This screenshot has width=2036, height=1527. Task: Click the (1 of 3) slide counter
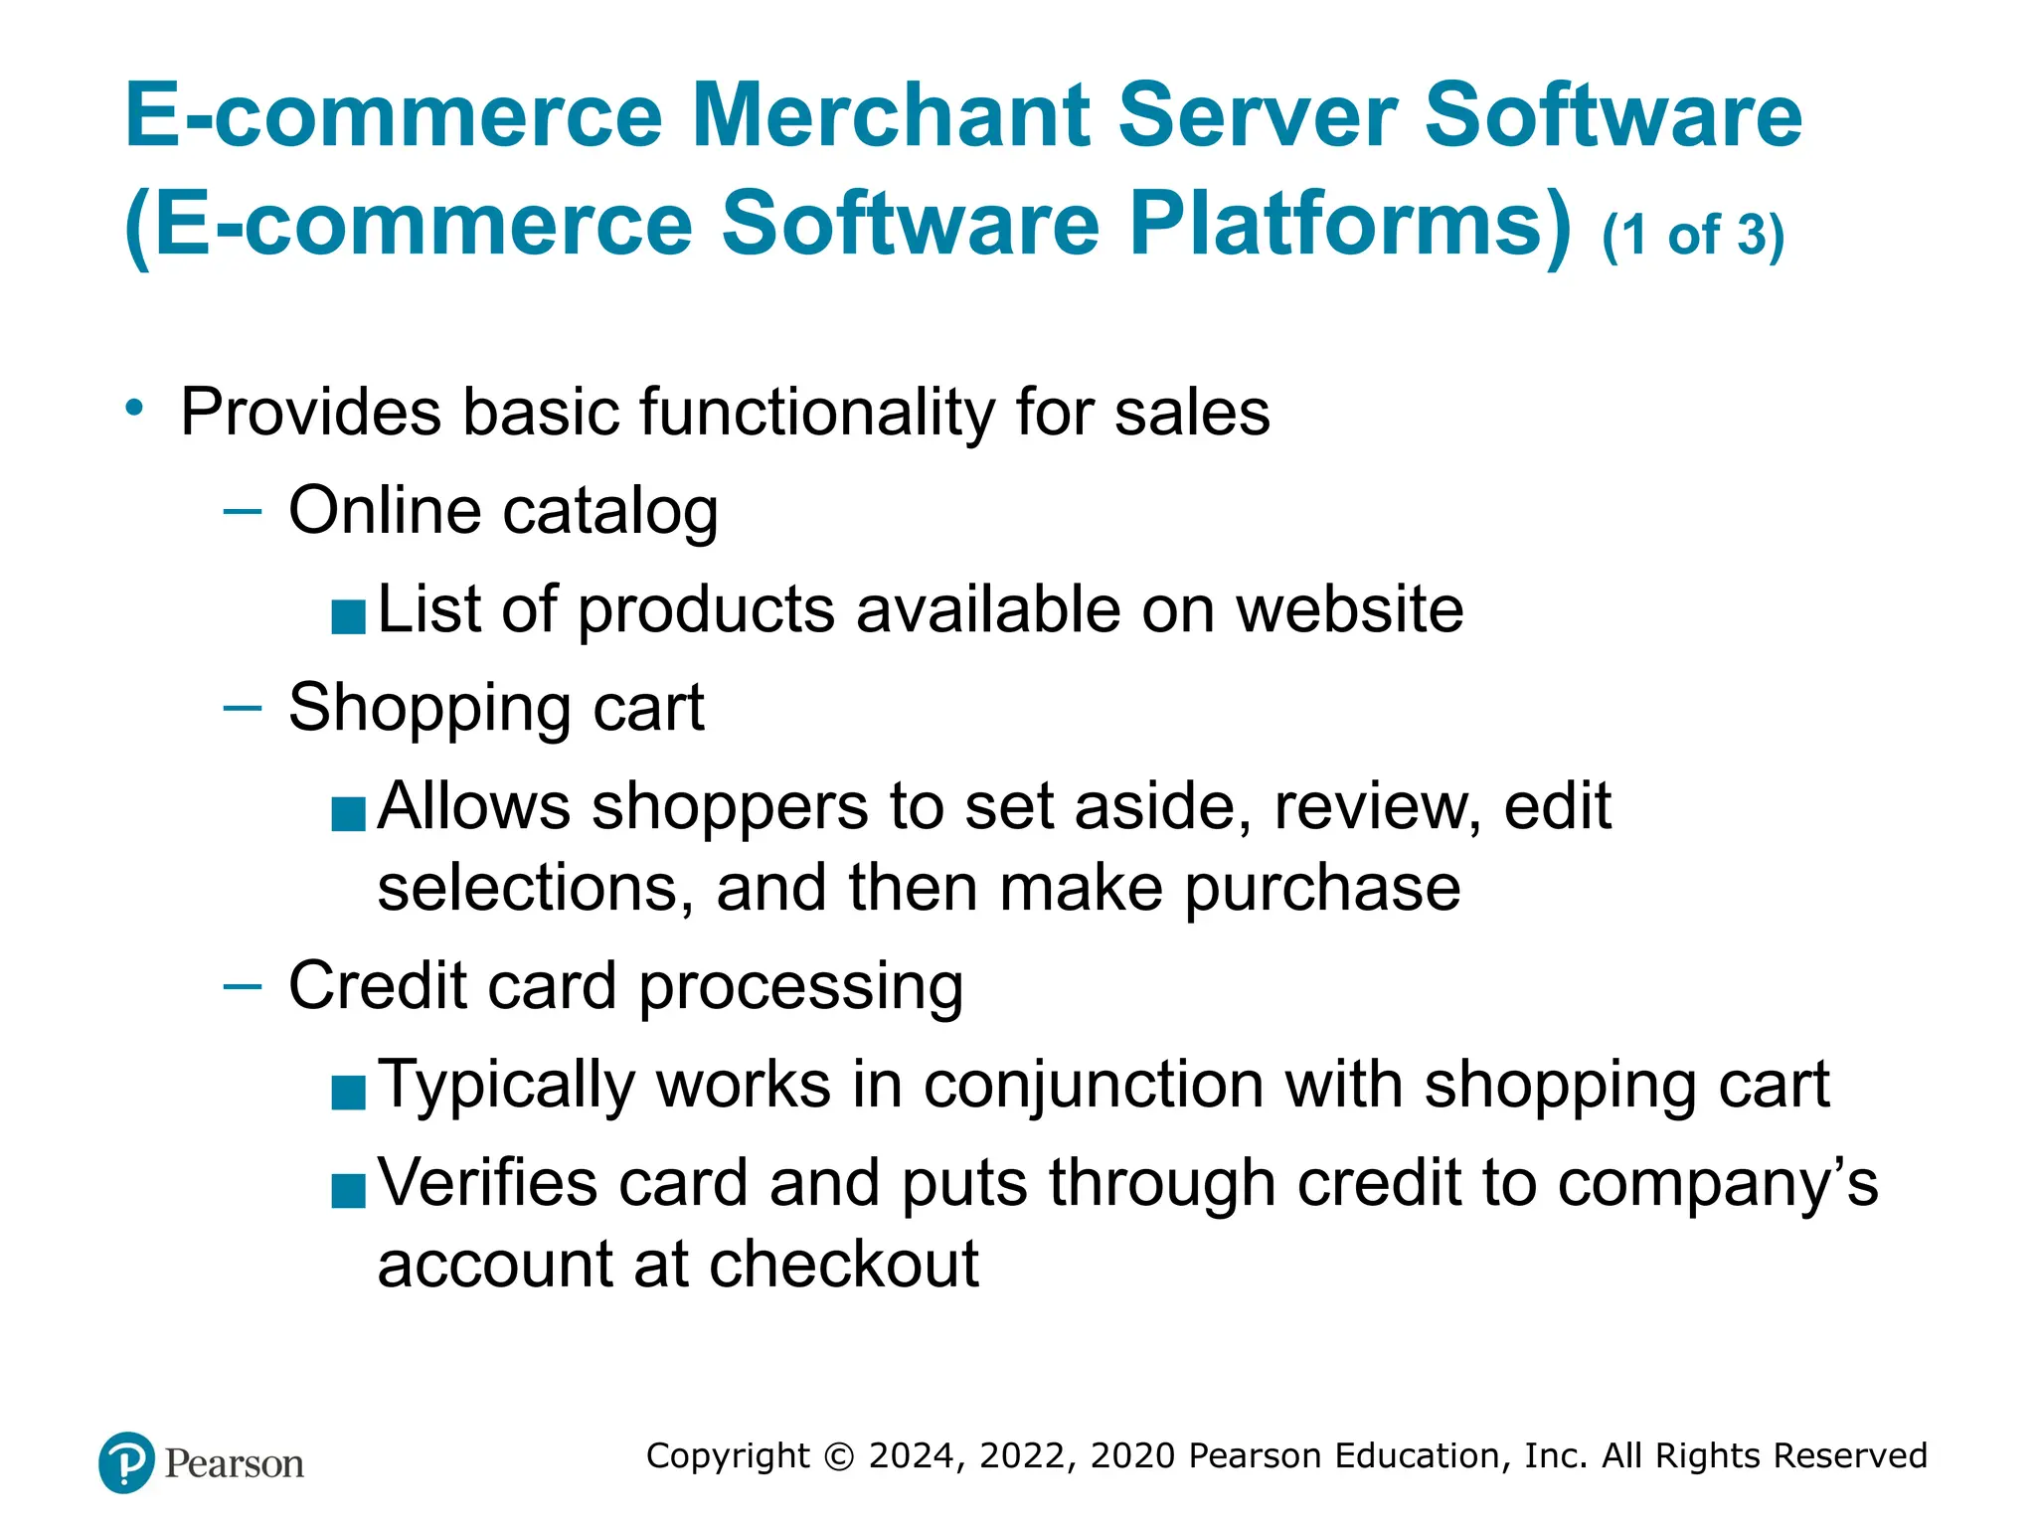click(x=1693, y=237)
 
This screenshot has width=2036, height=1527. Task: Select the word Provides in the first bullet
click(x=310, y=413)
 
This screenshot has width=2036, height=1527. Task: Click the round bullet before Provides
click(x=135, y=408)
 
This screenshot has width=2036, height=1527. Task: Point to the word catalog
click(x=610, y=513)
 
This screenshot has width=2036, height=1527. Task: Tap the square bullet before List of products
click(x=349, y=616)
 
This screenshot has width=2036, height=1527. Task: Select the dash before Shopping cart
click(x=243, y=708)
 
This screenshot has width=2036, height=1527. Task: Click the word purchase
click(x=1322, y=888)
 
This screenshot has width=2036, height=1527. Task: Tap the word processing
click(x=800, y=987)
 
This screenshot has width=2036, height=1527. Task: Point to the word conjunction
click(x=1094, y=1085)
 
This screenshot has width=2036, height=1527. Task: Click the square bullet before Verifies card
click(x=349, y=1190)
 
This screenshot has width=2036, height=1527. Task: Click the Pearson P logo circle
click(x=126, y=1462)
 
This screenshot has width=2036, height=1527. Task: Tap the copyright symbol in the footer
click(x=839, y=1456)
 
